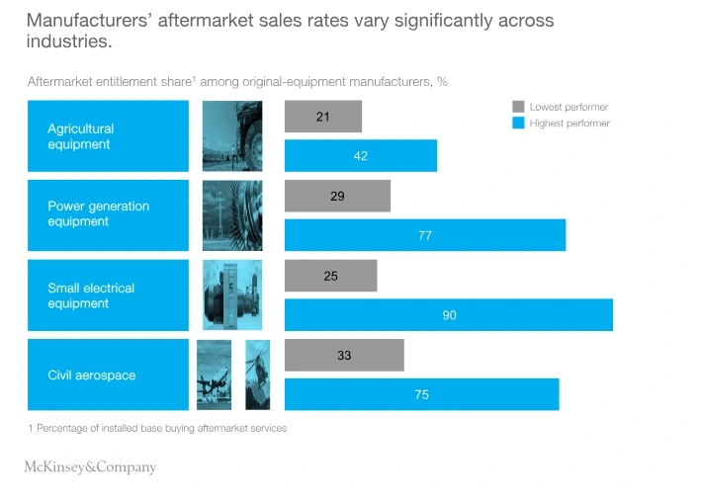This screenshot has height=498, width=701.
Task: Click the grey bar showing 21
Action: [322, 117]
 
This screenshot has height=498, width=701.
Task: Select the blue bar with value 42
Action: [360, 155]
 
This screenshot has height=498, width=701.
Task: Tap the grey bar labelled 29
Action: [337, 196]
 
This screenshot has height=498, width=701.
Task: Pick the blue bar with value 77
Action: [424, 235]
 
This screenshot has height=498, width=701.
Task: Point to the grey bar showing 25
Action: [330, 276]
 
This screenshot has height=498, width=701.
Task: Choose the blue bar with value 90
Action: [448, 314]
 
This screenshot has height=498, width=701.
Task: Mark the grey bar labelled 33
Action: [344, 355]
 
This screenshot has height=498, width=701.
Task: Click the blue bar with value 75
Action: [421, 394]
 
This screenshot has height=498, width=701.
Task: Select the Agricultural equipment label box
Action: [108, 136]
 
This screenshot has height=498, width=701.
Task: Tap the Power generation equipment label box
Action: [108, 215]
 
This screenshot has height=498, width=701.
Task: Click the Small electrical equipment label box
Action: [108, 295]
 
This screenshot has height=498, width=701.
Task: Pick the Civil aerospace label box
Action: [108, 374]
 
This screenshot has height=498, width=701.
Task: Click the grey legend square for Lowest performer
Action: [517, 106]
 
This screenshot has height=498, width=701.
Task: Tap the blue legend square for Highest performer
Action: [517, 124]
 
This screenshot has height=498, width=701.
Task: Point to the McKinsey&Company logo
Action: [90, 467]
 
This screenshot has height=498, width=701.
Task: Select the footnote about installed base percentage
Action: [157, 428]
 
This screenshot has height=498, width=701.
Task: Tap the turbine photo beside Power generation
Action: [232, 215]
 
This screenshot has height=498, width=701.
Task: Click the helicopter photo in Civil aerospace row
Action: [257, 374]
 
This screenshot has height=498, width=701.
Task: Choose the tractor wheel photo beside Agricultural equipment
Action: [232, 136]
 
